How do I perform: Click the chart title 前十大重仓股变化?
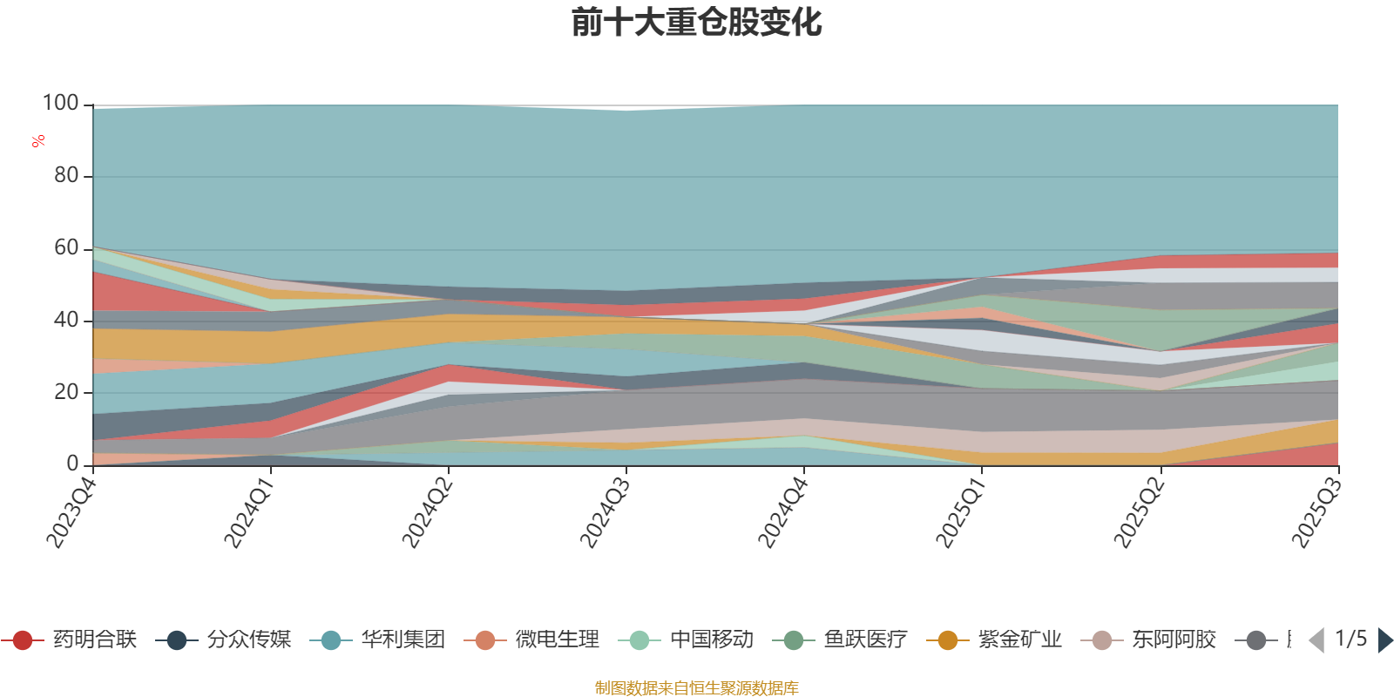click(697, 23)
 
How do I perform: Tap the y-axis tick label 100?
click(61, 104)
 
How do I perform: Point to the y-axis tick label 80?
click(66, 176)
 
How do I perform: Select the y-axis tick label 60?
click(66, 248)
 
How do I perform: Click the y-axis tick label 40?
click(66, 320)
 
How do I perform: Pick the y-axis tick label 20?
click(66, 392)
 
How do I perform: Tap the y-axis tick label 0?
click(73, 464)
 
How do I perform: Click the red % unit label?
click(38, 141)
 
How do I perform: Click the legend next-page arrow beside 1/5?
click(1384, 640)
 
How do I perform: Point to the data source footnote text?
click(697, 688)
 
